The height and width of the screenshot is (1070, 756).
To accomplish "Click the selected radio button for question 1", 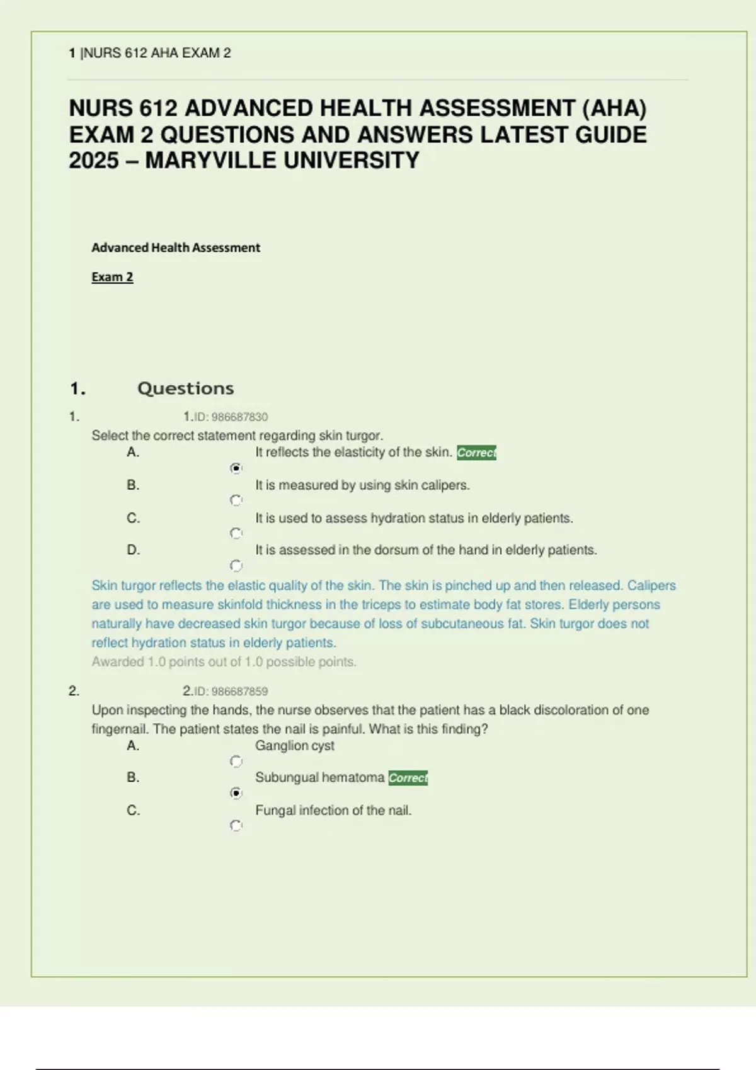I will point(236,468).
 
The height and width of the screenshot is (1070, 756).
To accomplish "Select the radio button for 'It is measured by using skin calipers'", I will point(236,500).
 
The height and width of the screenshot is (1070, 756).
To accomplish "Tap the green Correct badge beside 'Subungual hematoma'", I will point(408,778).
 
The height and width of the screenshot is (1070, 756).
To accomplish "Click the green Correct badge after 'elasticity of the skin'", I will point(476,453).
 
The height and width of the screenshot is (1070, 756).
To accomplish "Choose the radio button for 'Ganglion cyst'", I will point(236,762).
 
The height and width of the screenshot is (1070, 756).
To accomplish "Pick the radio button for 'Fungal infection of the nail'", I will point(236,825).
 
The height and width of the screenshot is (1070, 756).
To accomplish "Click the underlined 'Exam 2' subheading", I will point(112,277).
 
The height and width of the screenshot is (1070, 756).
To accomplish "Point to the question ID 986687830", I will point(231,417).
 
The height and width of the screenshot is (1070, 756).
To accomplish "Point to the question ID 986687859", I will point(231,691).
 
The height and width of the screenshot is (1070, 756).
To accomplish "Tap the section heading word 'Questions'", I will point(185,388).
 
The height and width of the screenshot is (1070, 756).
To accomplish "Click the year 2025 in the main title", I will point(94,161).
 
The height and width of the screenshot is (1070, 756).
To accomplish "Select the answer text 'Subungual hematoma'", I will point(319,777).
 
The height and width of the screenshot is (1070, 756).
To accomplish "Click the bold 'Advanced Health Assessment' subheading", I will point(176,248).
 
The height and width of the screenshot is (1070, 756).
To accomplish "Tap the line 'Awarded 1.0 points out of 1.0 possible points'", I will point(224,662).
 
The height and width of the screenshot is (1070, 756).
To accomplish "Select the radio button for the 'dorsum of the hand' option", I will point(236,566).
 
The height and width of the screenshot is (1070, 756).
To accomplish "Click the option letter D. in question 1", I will point(133,550).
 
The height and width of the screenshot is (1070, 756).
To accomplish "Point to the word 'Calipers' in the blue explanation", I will point(651,585).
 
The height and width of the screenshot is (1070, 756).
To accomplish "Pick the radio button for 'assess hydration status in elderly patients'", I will point(236,533).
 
